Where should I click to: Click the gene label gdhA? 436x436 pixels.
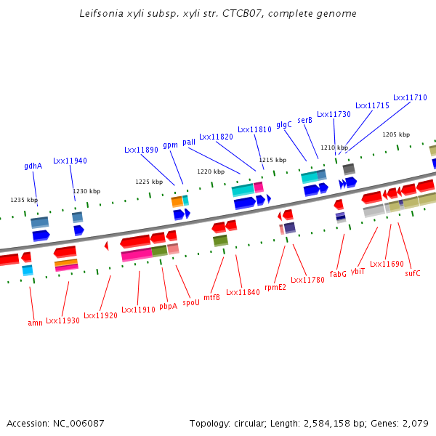click(33, 166)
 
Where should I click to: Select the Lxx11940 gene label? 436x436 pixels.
click(70, 161)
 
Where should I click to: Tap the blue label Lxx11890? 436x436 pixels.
click(141, 150)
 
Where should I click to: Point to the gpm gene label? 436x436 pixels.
click(171, 145)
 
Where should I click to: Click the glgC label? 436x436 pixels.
click(284, 124)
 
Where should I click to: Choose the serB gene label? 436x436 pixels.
click(305, 120)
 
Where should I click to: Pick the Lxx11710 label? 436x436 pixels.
click(410, 97)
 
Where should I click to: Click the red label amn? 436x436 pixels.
click(35, 323)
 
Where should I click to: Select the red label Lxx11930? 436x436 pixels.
click(63, 320)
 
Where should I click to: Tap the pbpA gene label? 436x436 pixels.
click(169, 306)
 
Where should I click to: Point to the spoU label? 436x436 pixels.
click(191, 302)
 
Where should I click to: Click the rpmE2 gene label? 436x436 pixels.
click(275, 287)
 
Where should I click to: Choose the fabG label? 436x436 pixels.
click(338, 274)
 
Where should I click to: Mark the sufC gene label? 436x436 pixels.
click(413, 273)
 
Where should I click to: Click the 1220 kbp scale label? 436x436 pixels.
click(210, 171)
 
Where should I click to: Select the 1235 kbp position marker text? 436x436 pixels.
click(24, 200)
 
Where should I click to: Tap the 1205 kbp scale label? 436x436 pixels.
click(396, 134)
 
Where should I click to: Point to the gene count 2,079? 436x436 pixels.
click(416, 423)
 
